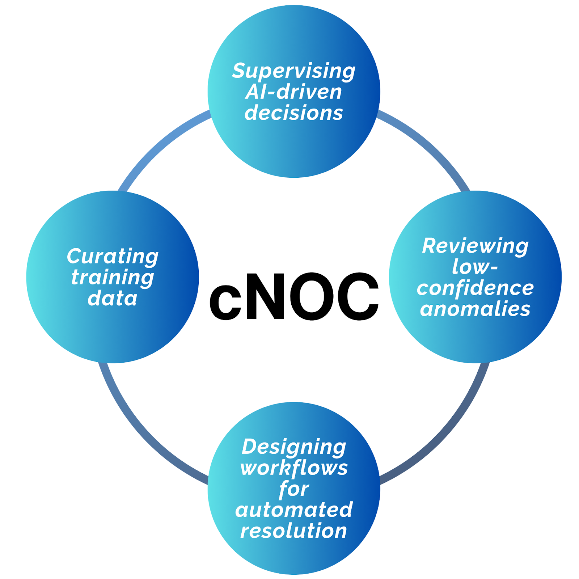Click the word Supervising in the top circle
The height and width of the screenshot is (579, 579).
point(293,71)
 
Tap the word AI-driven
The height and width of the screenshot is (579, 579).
point(293,92)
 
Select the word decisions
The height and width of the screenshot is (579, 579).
point(293,113)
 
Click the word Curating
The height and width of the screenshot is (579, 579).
point(113,257)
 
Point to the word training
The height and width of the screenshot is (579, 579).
point(113,278)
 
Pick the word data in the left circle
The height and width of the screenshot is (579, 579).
point(113,299)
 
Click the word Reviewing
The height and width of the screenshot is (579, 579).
point(475,246)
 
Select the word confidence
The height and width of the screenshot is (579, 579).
point(475,288)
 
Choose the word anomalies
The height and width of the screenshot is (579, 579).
point(475,309)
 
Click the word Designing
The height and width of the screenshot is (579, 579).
point(293,447)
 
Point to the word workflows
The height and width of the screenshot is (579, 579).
point(293,468)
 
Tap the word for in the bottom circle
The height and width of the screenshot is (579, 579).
point(293,489)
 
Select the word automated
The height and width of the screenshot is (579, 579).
point(293,510)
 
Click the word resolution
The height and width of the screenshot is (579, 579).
point(293,531)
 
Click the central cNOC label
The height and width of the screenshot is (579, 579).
point(293,297)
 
